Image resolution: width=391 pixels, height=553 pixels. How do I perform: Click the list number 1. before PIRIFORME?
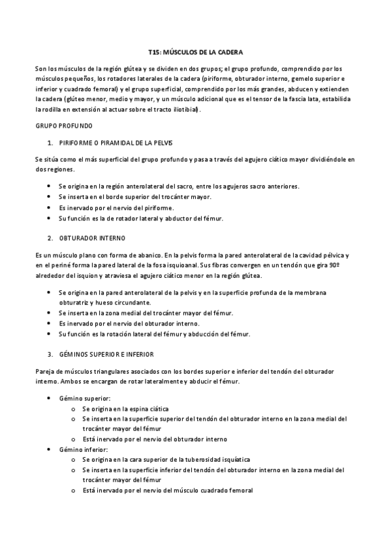(50, 142)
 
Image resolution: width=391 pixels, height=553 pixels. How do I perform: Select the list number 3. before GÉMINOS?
(50, 354)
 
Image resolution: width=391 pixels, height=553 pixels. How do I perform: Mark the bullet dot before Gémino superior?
(51, 397)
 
